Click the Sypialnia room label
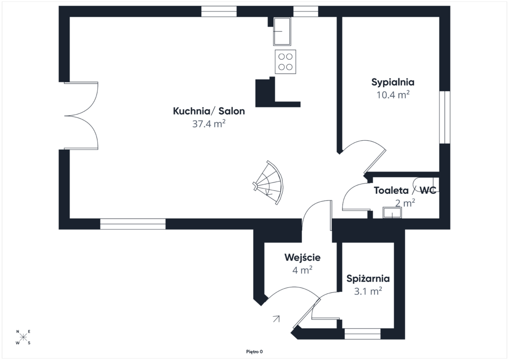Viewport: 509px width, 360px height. coord(393,83)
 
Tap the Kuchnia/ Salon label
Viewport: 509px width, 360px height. coord(209,111)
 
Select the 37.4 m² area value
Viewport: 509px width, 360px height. coord(209,124)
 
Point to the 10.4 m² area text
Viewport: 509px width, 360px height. coord(393,95)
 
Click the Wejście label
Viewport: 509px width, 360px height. coord(302,257)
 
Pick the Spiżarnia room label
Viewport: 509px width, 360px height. coord(368,278)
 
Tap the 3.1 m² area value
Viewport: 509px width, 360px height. coord(368,291)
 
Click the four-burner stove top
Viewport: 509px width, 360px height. coord(285,62)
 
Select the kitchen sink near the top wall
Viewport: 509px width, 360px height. coord(282,31)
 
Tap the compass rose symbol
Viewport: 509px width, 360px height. coord(23,337)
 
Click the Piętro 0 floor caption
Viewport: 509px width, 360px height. coord(254,352)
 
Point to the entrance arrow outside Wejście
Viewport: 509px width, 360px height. coord(276,319)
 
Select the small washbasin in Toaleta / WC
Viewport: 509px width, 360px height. coord(392,213)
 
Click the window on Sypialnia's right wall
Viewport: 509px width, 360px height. coord(445,117)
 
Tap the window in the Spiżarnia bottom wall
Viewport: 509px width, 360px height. coord(362,334)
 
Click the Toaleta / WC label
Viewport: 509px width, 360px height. coord(405,190)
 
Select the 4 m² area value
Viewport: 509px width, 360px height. coord(302,270)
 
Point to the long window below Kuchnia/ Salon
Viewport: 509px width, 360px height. coord(133,224)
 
